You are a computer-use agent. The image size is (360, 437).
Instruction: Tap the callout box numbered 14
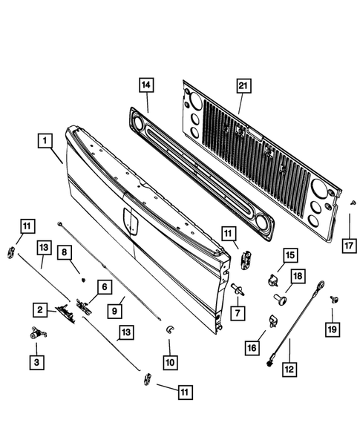pyautogui.click(x=148, y=86)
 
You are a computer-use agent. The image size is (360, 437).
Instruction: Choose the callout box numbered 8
pyautogui.click(x=66, y=253)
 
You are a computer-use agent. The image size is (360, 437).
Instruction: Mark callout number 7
pyautogui.click(x=237, y=313)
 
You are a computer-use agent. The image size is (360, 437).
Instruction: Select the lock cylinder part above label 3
pyautogui.click(x=36, y=335)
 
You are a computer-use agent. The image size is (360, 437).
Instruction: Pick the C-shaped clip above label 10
pyautogui.click(x=168, y=329)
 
